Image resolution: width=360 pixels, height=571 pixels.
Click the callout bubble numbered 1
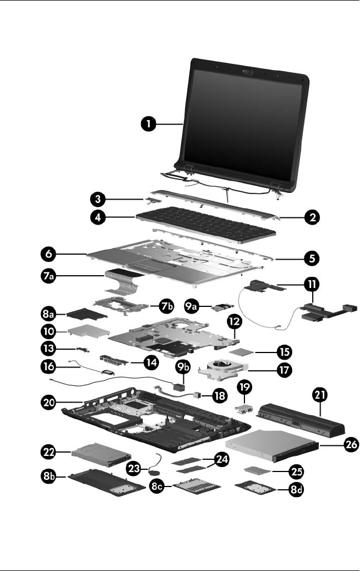tap(147, 125)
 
